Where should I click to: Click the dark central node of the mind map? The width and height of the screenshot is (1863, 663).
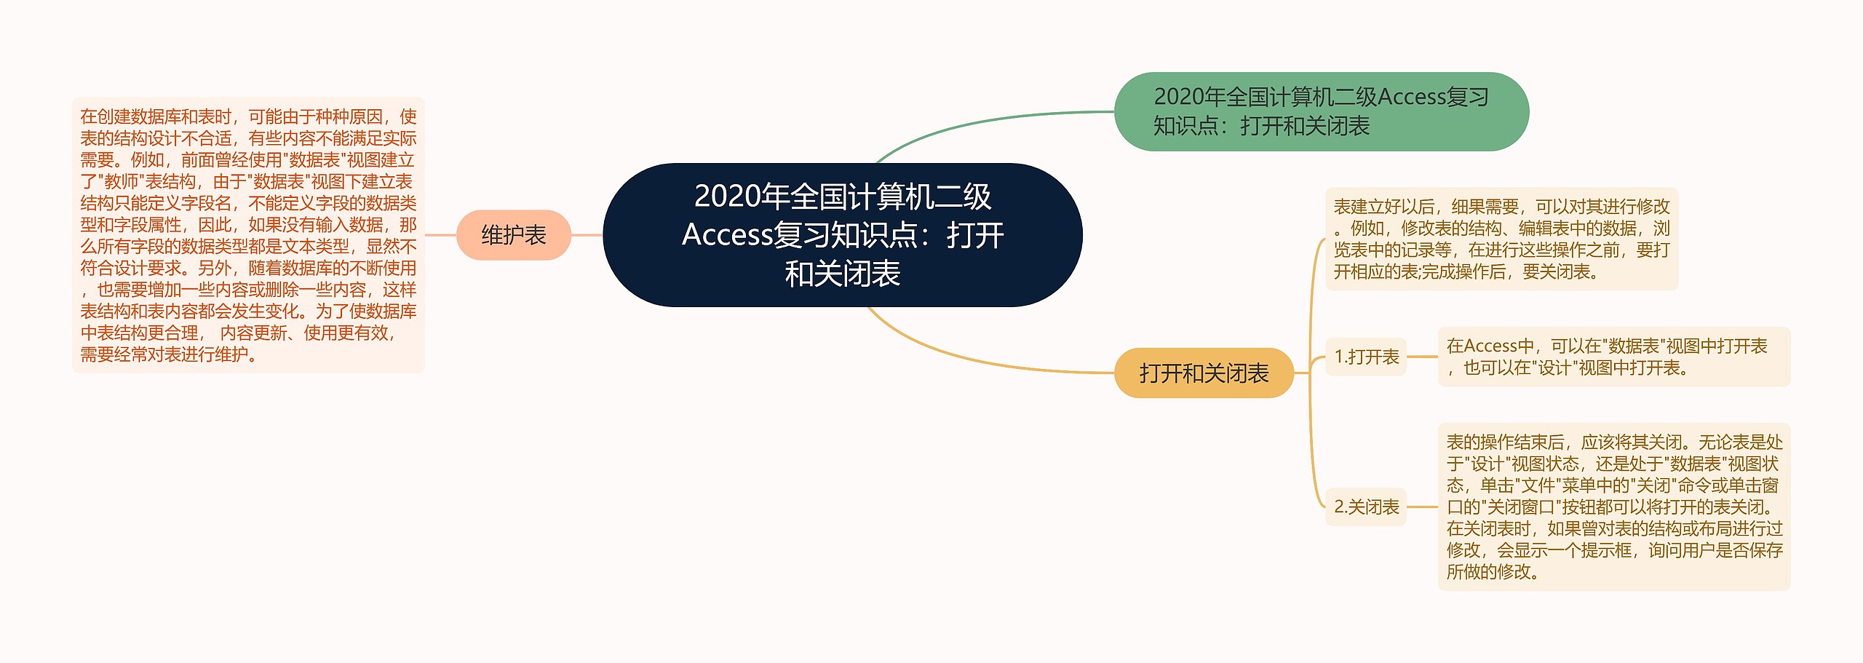[842, 234]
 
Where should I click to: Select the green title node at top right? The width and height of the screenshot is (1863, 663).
[1321, 111]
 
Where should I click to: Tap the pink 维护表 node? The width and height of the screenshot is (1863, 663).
[513, 235]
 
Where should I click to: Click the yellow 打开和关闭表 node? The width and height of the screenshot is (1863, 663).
[1203, 373]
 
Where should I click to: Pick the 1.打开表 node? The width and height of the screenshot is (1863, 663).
[1366, 357]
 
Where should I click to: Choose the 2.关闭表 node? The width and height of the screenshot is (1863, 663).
[1366, 507]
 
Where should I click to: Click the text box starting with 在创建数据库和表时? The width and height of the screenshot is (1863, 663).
[248, 235]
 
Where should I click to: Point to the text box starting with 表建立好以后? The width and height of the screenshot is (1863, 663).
[1501, 239]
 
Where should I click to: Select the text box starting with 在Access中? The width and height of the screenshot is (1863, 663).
[1613, 357]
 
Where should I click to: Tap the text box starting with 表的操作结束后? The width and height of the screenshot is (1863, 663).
[1613, 507]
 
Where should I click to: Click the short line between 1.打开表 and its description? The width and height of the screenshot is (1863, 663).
[1422, 357]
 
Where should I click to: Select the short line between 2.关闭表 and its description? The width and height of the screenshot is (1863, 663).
[1422, 507]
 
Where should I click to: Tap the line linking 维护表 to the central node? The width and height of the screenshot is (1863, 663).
[587, 235]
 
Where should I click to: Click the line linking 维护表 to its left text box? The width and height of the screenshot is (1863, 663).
[440, 235]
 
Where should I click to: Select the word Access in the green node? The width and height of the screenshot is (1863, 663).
[1411, 97]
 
